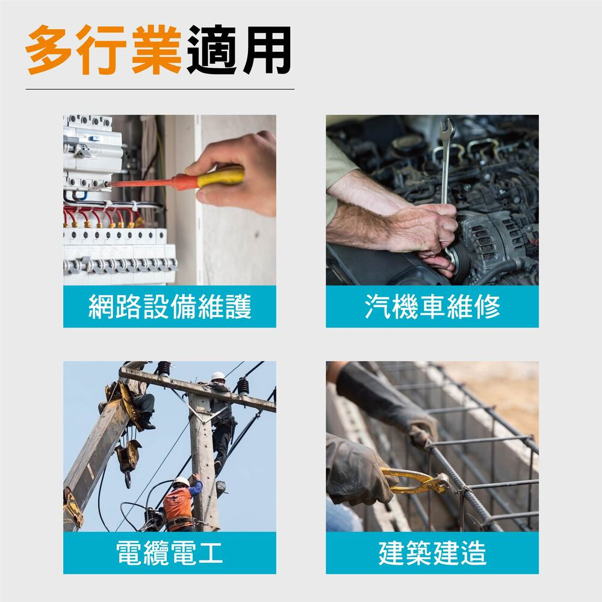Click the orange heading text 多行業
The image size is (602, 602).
tap(103, 50)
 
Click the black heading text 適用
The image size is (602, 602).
tap(239, 50)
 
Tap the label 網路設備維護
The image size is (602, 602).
tap(170, 306)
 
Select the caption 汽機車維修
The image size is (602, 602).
tap(432, 306)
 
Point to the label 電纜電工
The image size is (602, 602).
tap(169, 553)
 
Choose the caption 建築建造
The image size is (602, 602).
tap(432, 553)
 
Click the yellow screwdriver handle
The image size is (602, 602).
tap(220, 176)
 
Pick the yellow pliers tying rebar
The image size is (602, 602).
tap(417, 480)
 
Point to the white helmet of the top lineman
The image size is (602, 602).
tap(218, 376)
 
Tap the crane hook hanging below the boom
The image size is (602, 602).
tap(128, 480)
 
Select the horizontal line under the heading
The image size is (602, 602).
tap(160, 89)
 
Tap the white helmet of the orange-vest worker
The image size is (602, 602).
tap(181, 482)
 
